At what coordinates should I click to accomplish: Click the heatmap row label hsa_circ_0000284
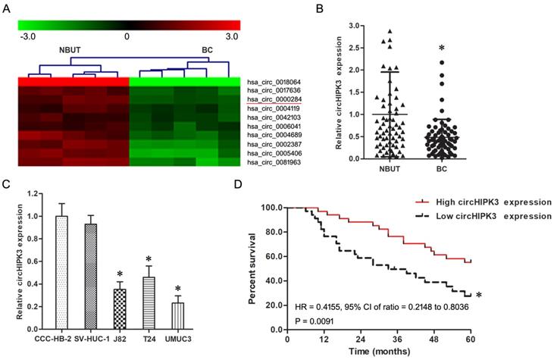pos(273,99)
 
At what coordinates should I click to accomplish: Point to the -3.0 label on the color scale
pos(27,36)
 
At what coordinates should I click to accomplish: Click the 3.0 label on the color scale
pos(230,36)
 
